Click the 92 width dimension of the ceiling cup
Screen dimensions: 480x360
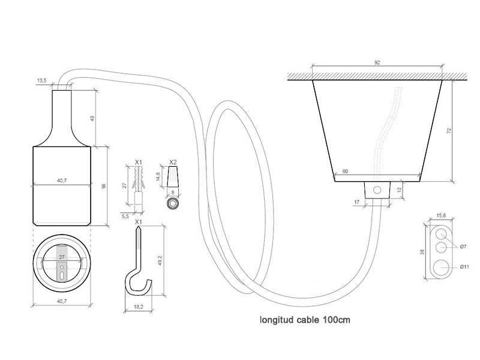click(x=377, y=62)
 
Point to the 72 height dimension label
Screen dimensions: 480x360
click(x=449, y=131)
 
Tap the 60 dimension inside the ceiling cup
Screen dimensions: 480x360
click(x=345, y=172)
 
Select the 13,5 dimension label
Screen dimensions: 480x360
click(x=41, y=80)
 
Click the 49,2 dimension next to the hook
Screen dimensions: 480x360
click(x=160, y=261)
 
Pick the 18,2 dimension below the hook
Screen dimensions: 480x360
click(x=139, y=307)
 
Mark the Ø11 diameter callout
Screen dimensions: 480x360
click(x=464, y=267)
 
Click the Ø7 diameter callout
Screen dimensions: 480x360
click(x=463, y=247)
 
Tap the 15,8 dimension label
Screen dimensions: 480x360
click(x=441, y=216)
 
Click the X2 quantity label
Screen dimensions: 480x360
click(x=173, y=161)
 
